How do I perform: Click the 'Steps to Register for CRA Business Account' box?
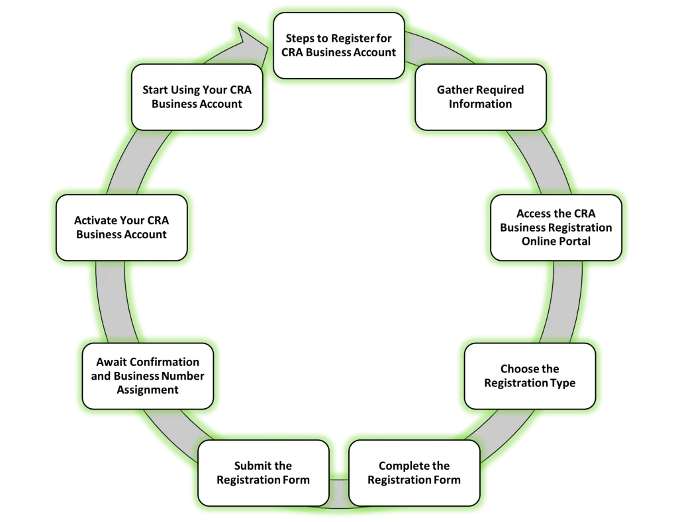click(338, 44)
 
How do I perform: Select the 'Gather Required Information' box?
click(480, 97)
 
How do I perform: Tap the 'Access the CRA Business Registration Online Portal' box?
click(556, 227)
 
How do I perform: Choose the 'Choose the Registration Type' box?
click(529, 376)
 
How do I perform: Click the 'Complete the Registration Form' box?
click(414, 472)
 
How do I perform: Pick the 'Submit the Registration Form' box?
click(263, 472)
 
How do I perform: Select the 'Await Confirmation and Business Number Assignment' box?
click(147, 376)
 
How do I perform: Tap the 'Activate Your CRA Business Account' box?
click(121, 227)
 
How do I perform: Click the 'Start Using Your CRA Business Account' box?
click(197, 97)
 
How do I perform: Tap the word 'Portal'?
click(573, 241)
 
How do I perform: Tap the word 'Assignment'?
click(147, 390)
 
